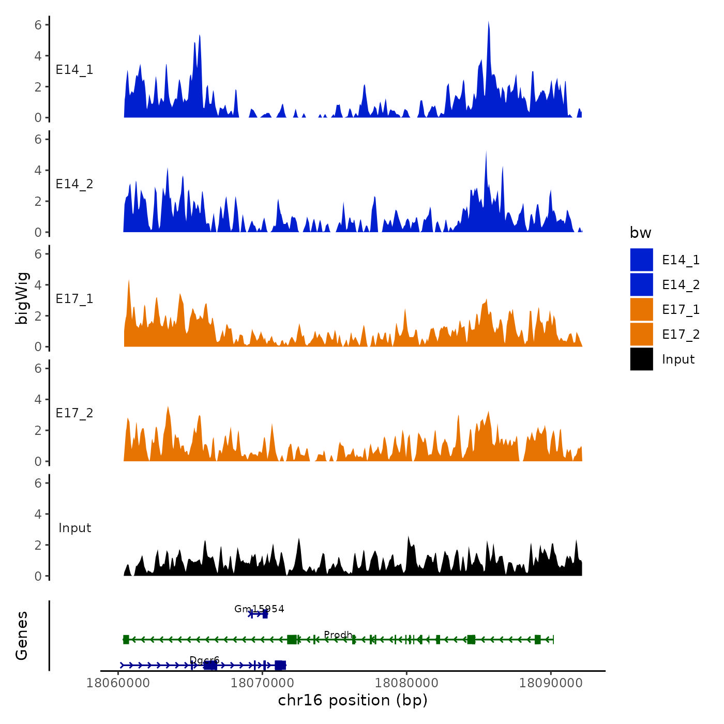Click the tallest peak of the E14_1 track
tap(488, 24)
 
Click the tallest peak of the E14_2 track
tap(486, 153)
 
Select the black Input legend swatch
tap(641, 359)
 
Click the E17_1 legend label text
tap(681, 310)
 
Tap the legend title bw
tap(640, 233)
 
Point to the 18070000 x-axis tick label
tap(262, 683)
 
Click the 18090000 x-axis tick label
tap(551, 683)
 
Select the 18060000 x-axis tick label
tap(118, 683)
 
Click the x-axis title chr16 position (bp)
tap(353, 700)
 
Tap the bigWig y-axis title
tap(22, 298)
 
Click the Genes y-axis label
tap(22, 636)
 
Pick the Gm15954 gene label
tap(259, 609)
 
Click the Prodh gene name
tap(338, 635)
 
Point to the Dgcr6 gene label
tap(204, 660)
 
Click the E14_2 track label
tap(74, 184)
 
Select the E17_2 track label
tap(74, 413)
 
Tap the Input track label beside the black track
tap(74, 528)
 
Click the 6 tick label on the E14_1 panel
tap(38, 24)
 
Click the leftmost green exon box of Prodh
tap(126, 640)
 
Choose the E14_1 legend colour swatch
tap(641, 260)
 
